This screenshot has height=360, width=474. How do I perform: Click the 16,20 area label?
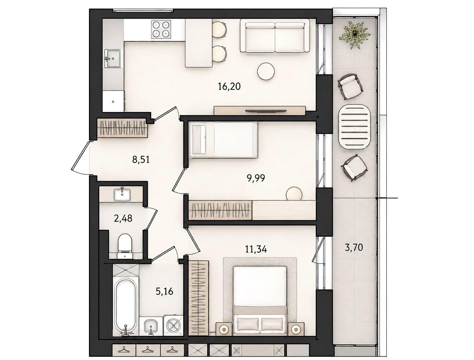(229, 87)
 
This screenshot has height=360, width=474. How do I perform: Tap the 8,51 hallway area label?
(141, 160)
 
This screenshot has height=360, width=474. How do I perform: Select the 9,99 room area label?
(256, 178)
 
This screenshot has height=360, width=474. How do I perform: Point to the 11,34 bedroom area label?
(256, 249)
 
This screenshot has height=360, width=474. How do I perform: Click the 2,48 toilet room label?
(123, 218)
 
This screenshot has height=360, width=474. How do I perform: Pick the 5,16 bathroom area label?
(164, 292)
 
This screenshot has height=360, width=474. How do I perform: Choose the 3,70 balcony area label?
(354, 247)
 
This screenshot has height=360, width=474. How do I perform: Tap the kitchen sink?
(112, 58)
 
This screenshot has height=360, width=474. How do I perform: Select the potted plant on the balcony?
(355, 34)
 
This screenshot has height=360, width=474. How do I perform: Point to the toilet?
(125, 246)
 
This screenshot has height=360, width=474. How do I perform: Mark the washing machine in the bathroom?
(174, 326)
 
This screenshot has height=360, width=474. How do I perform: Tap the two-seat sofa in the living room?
(275, 36)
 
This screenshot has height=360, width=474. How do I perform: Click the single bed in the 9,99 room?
(223, 140)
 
